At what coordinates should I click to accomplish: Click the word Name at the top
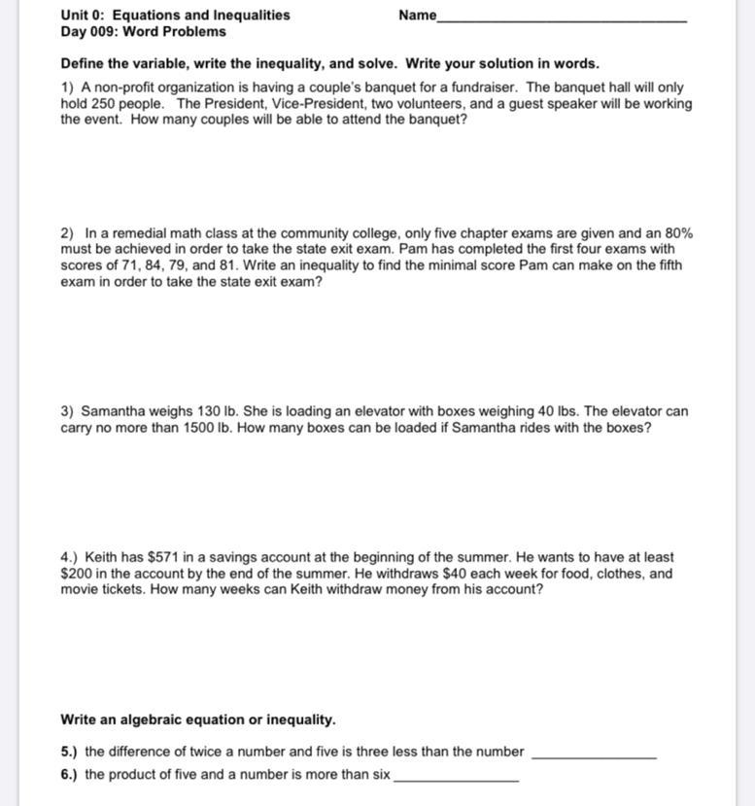417,15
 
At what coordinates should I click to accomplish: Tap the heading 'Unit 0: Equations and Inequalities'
175,15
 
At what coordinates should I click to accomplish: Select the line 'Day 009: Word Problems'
143,31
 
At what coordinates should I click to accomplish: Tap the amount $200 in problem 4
76,574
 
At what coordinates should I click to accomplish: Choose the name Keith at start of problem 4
100,557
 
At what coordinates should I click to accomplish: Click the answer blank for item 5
595,755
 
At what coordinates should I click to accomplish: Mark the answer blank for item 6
456,779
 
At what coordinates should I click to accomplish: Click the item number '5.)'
69,752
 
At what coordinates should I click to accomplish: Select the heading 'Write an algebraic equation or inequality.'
198,720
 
